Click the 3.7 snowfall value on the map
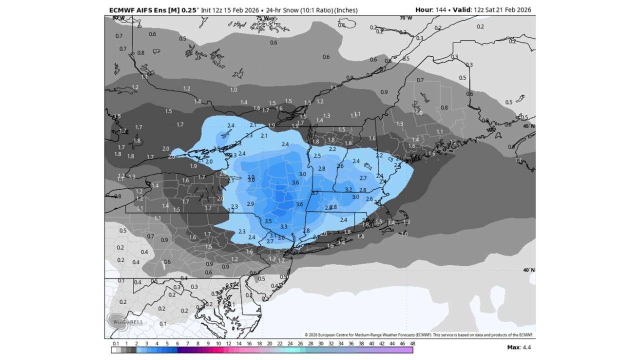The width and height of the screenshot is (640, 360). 315,193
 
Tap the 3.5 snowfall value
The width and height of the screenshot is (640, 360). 268,221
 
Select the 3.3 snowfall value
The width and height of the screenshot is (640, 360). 283,226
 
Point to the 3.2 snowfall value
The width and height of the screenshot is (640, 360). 348,189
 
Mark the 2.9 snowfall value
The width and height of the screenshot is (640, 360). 250,204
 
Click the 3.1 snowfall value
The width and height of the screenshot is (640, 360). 272,235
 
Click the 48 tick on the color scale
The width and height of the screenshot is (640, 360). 412,343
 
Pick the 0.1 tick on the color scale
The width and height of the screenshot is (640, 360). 115,343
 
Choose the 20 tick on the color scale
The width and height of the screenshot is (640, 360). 269,343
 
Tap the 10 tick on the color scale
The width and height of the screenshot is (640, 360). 218,343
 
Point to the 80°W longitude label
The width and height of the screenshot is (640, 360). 118,18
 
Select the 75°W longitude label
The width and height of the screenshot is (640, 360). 262,18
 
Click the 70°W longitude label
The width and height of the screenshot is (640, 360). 406,18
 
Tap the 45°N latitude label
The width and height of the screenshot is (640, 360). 528,126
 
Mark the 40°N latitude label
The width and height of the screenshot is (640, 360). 528,270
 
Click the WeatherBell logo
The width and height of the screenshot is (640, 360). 120,320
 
